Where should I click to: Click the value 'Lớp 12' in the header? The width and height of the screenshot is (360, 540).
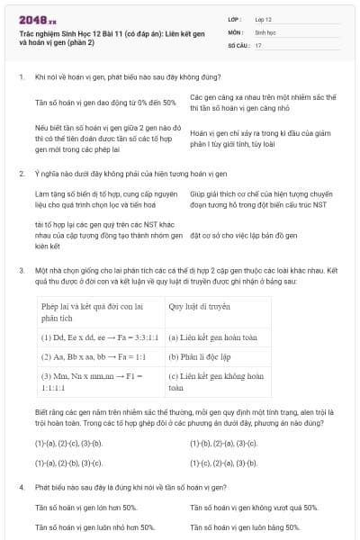point(263,18)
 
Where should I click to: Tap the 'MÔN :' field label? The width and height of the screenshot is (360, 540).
point(236,31)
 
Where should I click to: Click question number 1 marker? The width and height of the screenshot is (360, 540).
point(21,78)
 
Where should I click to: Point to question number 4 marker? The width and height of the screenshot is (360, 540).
point(21,487)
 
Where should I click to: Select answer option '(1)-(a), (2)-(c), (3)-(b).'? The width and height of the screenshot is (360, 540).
point(68,444)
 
